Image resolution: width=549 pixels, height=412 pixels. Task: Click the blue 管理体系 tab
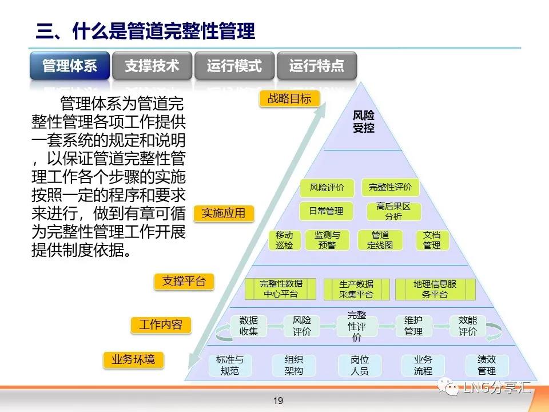70,65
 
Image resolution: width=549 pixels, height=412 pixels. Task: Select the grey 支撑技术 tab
152,65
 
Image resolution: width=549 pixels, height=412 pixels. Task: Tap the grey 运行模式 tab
234,65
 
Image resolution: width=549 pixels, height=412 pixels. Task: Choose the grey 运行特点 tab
317,65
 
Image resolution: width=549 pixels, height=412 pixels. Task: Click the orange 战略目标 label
289,98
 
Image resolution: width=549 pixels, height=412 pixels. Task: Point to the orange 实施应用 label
224,213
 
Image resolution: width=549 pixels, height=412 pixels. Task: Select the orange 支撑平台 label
184,282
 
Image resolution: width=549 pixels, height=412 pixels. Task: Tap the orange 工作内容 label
161,325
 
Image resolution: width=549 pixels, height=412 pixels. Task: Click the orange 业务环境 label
133,360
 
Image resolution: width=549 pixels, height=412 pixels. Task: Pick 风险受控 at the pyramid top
364,121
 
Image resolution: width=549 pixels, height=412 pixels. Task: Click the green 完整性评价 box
390,187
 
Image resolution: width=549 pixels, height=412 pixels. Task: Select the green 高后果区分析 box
393,211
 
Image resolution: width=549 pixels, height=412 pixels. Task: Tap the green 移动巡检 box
284,240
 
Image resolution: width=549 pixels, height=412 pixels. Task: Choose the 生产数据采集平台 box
356,290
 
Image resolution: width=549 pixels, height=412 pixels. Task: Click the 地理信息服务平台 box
435,290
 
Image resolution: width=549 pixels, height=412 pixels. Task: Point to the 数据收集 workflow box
249,326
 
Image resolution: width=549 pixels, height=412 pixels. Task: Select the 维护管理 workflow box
413,326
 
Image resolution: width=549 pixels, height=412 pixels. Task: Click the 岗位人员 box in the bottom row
360,366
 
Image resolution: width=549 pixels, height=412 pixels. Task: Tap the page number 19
278,401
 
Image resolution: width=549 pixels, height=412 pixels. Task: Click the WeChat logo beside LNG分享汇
448,387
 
